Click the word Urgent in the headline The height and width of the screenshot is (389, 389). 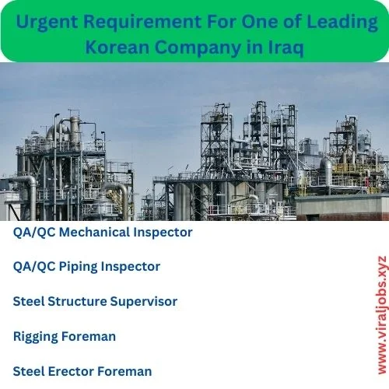pyautogui.click(x=47, y=23)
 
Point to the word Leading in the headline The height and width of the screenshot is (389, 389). pyautogui.click(x=342, y=23)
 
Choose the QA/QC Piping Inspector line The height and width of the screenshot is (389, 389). pyautogui.click(x=86, y=267)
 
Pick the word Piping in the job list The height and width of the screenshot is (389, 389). pyautogui.click(x=78, y=267)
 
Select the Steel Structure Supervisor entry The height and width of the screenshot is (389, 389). pyautogui.click(x=95, y=301)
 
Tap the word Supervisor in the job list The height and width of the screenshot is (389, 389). pyautogui.click(x=144, y=302)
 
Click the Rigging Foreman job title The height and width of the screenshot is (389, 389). pyautogui.click(x=65, y=337)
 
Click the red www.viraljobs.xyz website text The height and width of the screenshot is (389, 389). pyautogui.click(x=382, y=315)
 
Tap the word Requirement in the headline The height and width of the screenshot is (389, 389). pyautogui.click(x=142, y=23)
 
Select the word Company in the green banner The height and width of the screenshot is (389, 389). pyautogui.click(x=198, y=48)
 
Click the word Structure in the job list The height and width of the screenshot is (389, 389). pyautogui.click(x=77, y=301)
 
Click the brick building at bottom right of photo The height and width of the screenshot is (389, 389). pyautogui.click(x=342, y=208)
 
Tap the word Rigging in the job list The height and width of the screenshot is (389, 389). pyautogui.click(x=36, y=337)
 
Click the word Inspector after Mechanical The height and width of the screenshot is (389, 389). pyautogui.click(x=163, y=233)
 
